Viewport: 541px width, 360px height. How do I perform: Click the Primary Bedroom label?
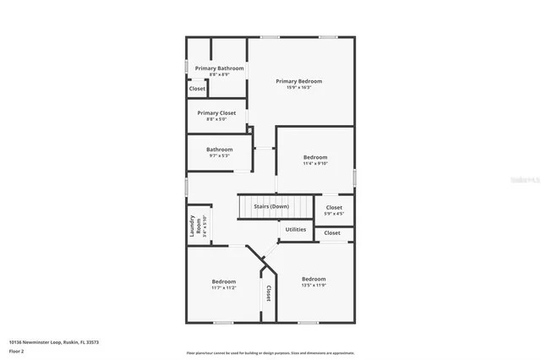(x=298, y=81)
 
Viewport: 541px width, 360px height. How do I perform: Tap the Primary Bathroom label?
(x=220, y=68)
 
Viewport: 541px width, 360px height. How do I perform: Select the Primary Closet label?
(x=217, y=112)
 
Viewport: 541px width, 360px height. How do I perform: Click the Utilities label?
(x=296, y=229)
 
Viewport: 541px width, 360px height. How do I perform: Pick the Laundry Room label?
(x=194, y=226)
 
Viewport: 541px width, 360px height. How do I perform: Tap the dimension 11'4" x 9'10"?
(x=315, y=164)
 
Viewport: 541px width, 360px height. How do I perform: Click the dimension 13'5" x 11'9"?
(x=314, y=286)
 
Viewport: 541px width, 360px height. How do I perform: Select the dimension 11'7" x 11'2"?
(x=224, y=287)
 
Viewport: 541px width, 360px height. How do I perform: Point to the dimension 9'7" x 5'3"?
(x=220, y=155)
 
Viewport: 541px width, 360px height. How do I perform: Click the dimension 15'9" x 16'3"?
(x=298, y=87)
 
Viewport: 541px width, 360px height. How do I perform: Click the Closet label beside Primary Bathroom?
(x=197, y=88)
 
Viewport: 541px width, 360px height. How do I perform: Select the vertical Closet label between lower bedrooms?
(x=269, y=293)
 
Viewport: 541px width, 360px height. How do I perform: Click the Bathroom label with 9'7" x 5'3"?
(x=220, y=150)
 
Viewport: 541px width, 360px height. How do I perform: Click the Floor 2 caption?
(x=16, y=351)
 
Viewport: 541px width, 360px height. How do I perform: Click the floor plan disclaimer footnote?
(x=270, y=352)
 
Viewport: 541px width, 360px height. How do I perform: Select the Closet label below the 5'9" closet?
(x=332, y=233)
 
